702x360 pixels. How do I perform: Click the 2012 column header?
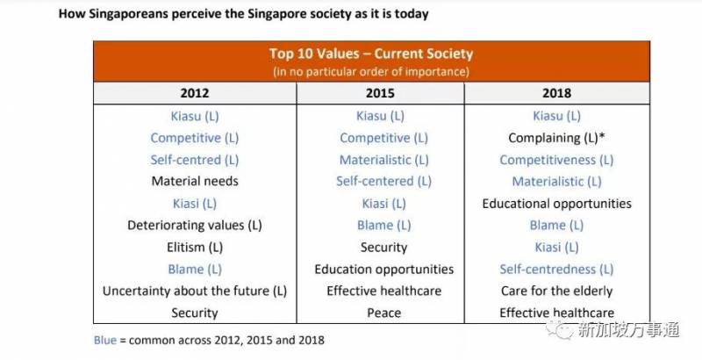194,92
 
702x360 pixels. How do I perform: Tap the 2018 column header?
556,92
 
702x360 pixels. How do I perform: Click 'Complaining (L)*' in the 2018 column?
556,138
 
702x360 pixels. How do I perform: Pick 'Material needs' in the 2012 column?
194,182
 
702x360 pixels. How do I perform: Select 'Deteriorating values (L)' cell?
194,226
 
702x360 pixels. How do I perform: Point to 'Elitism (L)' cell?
194,248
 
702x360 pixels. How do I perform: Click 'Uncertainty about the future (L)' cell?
194,291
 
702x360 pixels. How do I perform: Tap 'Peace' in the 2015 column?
383,313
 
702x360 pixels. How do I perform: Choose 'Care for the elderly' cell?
556,291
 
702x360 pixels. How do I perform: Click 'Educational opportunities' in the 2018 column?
556,204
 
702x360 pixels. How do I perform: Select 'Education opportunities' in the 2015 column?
383,270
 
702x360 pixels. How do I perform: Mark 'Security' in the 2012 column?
194,313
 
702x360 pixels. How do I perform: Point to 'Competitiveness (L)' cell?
556,160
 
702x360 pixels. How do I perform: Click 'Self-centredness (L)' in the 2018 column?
556,270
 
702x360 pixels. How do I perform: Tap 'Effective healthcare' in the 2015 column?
383,291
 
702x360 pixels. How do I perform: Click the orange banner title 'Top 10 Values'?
371,54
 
